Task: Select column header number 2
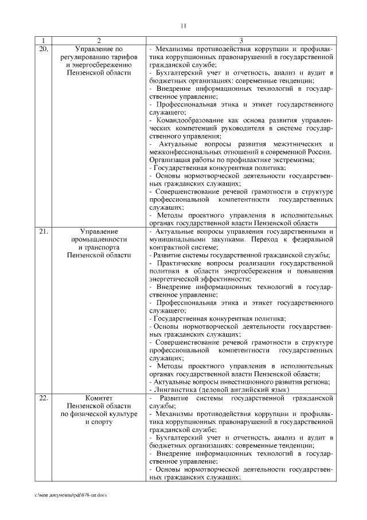(x=99, y=41)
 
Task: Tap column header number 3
(x=241, y=41)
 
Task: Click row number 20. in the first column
(x=42, y=49)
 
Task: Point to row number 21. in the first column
(x=42, y=230)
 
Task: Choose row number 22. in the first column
(x=42, y=398)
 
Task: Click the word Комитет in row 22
(x=99, y=398)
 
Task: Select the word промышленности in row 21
(x=99, y=238)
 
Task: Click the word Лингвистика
(x=174, y=389)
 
